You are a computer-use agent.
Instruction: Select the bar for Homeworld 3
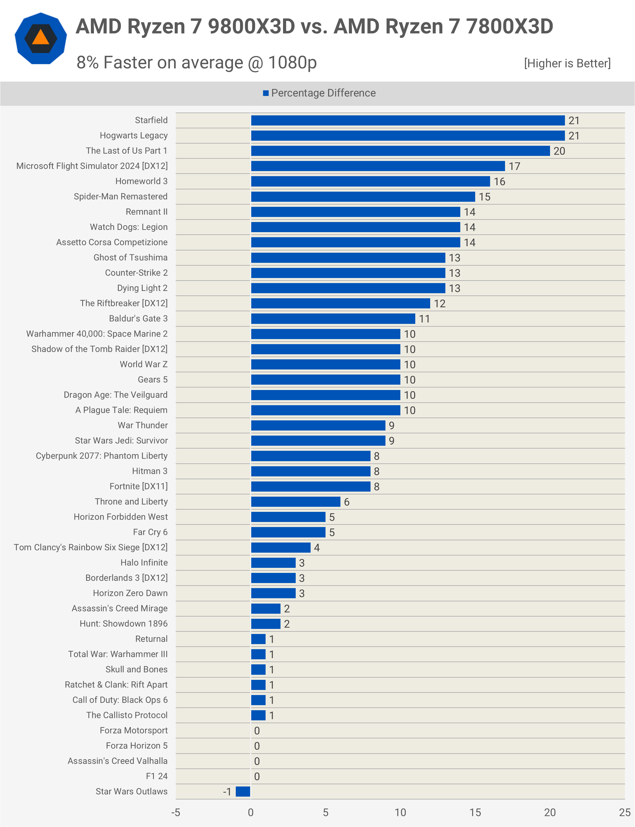click(371, 181)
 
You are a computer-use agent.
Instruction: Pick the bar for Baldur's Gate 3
click(333, 319)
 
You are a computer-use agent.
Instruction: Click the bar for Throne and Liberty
click(296, 501)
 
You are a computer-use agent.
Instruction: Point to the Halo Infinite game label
click(144, 562)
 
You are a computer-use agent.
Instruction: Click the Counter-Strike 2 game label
click(136, 272)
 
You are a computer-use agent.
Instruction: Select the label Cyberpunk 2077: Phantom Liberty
click(102, 456)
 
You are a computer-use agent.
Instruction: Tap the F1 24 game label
click(156, 776)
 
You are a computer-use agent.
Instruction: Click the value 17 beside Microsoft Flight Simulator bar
click(514, 166)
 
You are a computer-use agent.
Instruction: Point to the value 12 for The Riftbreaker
click(439, 304)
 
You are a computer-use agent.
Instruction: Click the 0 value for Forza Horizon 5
click(257, 746)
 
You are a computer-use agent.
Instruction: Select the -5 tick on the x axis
click(176, 812)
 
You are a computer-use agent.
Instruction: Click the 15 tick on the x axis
click(475, 812)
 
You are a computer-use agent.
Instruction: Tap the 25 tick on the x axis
click(624, 812)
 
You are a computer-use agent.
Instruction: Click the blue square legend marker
click(266, 93)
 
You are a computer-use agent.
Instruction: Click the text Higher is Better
click(567, 63)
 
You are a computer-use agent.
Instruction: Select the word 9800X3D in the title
click(251, 26)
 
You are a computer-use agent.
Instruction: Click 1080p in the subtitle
click(292, 63)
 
